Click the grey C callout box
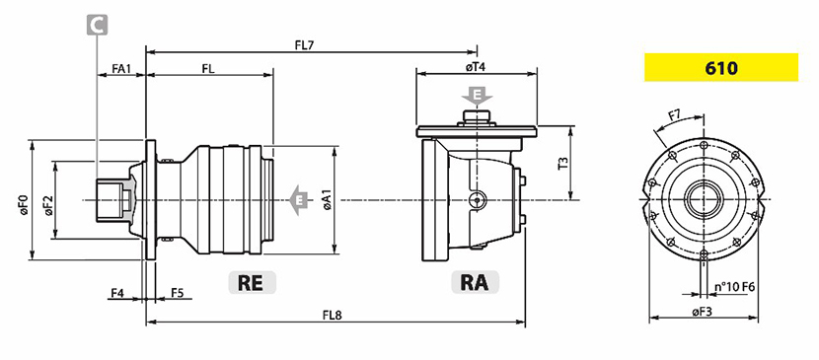click(x=97, y=25)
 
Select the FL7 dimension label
click(x=304, y=44)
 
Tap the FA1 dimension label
click(x=121, y=69)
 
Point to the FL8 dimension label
click(x=333, y=316)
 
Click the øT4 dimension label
click(x=477, y=67)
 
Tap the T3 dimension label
click(x=563, y=164)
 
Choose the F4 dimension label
click(x=117, y=293)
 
